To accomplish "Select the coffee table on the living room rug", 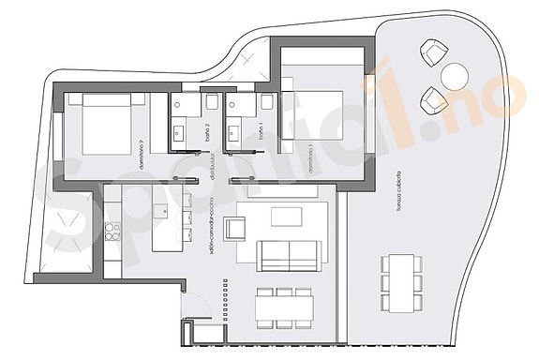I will tap(287, 217).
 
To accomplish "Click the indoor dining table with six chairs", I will tap(284, 305).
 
